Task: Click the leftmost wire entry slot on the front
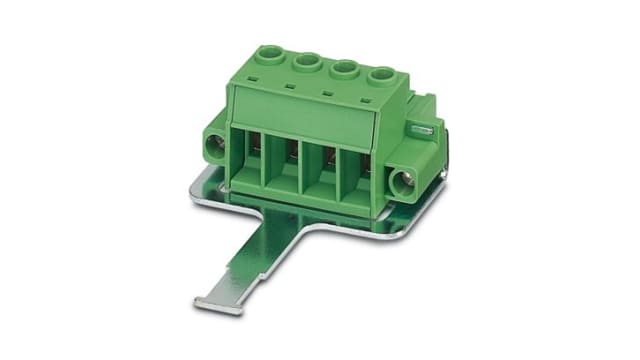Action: pos(250,160)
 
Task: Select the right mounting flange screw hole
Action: pos(404,183)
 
